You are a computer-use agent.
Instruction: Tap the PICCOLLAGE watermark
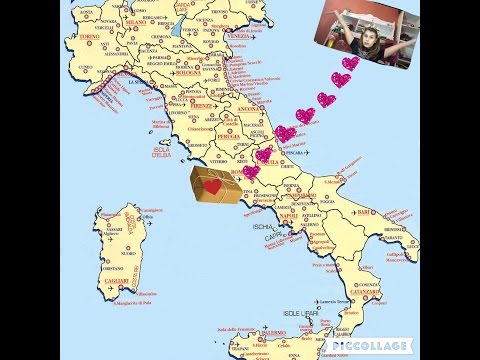pyautogui.click(x=367, y=343)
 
